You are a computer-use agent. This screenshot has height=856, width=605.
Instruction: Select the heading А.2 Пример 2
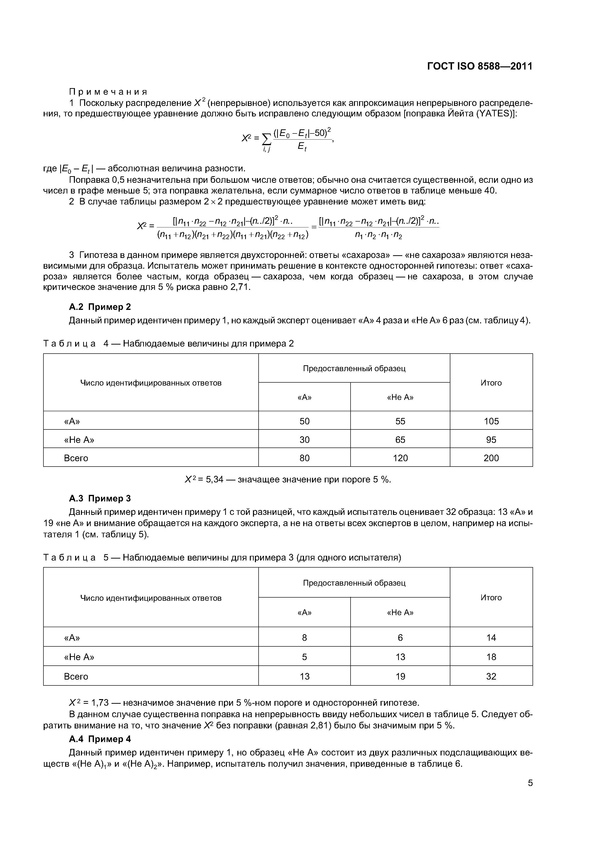point(100,307)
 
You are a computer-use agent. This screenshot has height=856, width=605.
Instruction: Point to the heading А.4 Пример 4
point(100,739)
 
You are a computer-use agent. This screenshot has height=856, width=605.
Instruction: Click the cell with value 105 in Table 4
point(491,421)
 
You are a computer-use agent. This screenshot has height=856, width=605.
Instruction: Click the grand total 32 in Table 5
point(491,676)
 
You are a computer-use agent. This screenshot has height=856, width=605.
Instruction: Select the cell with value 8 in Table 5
point(304,638)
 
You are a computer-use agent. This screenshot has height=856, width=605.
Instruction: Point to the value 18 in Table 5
point(491,657)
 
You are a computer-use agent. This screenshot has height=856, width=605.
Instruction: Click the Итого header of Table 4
point(491,383)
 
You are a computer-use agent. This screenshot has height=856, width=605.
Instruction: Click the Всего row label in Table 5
point(76,676)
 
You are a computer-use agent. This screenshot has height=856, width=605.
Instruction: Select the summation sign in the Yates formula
point(267,139)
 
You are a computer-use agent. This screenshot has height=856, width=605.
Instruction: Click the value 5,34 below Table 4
point(214,479)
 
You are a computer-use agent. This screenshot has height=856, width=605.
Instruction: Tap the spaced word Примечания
point(108,92)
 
